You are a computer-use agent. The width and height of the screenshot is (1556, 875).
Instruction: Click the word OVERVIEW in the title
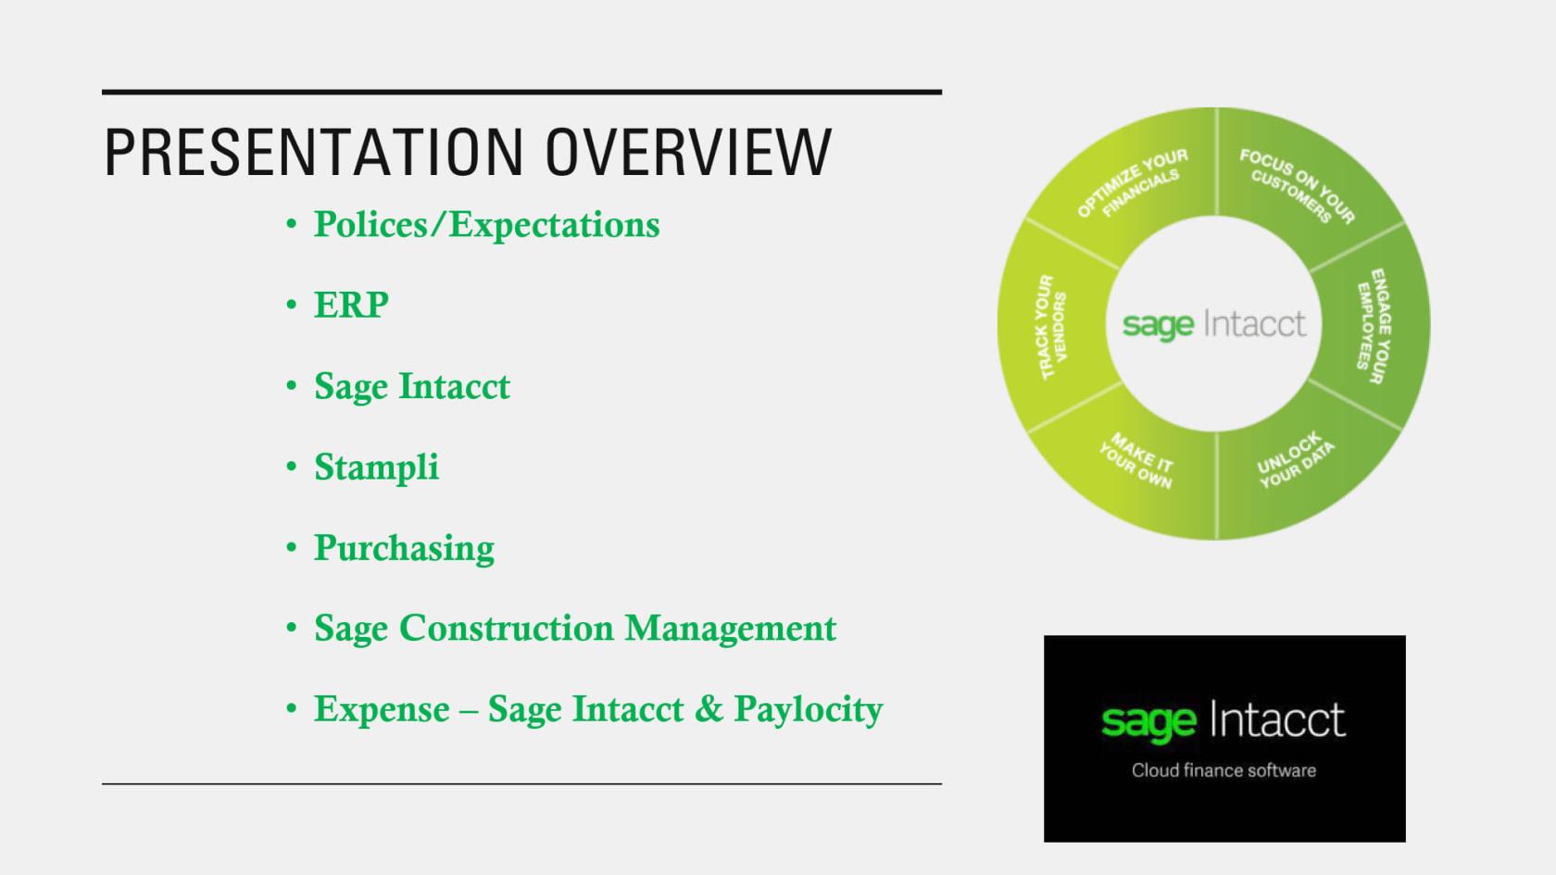coord(688,152)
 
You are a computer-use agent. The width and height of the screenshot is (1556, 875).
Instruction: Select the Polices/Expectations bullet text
coord(486,225)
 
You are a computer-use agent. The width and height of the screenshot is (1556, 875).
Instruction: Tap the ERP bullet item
coord(351,306)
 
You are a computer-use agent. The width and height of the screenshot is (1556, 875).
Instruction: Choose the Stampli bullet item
coord(376,468)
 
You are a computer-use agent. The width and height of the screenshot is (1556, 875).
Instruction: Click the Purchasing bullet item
coord(404,548)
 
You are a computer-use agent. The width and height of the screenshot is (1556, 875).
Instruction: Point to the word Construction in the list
coord(507,629)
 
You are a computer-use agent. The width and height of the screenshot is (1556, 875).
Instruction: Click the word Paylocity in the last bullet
coord(808,710)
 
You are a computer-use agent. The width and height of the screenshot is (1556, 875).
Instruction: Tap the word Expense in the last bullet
coord(382,709)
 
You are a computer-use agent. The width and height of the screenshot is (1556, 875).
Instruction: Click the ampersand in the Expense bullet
coord(708,709)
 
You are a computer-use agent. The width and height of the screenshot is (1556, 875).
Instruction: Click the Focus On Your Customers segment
coord(1297,184)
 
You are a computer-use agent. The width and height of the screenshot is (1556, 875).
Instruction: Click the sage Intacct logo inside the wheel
coord(1213,324)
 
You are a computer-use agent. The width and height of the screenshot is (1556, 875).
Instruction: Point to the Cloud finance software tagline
coord(1223,770)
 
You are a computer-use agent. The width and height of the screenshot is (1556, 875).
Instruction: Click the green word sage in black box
coord(1148,721)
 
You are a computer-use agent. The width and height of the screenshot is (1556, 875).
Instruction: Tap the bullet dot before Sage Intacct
coord(292,386)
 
